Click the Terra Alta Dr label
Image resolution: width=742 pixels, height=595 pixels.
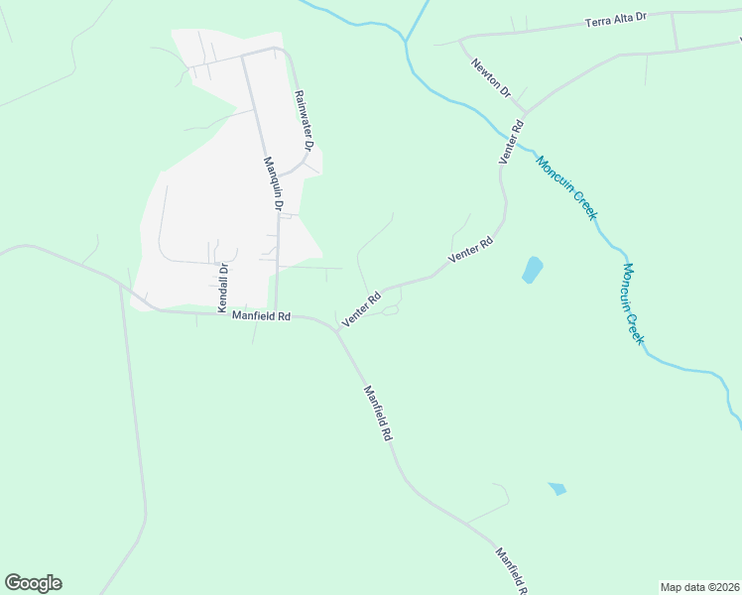pyautogui.click(x=615, y=18)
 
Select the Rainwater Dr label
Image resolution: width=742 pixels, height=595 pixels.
pyautogui.click(x=304, y=121)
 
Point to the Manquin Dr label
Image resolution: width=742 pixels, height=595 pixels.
pyautogui.click(x=273, y=185)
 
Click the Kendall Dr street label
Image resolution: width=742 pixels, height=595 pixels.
pyautogui.click(x=223, y=285)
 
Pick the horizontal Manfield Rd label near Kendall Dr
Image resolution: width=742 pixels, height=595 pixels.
pyautogui.click(x=261, y=316)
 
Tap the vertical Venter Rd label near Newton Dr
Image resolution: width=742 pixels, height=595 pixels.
pyautogui.click(x=510, y=142)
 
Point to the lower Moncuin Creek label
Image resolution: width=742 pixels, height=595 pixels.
pyautogui.click(x=634, y=302)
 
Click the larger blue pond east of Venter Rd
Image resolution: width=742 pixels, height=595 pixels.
pyautogui.click(x=533, y=269)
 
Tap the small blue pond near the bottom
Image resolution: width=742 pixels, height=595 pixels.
pyautogui.click(x=557, y=488)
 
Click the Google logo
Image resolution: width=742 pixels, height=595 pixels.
pyautogui.click(x=33, y=583)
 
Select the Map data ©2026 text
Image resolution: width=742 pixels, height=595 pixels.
pyautogui.click(x=699, y=587)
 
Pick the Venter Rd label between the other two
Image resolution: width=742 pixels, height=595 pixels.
pyautogui.click(x=470, y=249)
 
